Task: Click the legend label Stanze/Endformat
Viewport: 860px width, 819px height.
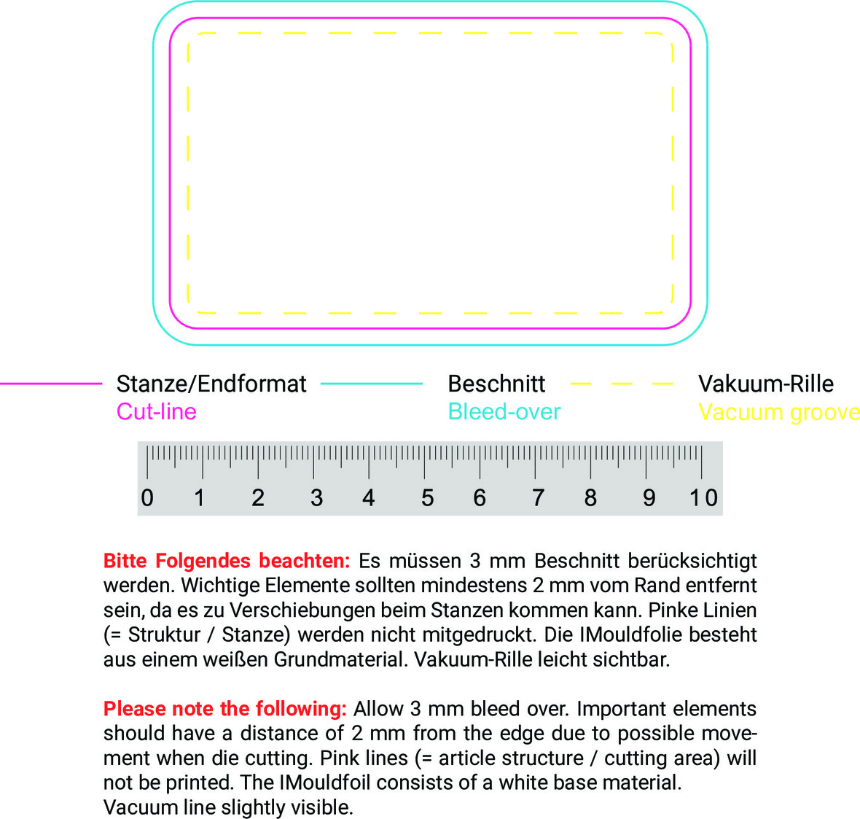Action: (x=211, y=384)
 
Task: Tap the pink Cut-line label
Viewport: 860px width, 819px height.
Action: (x=157, y=411)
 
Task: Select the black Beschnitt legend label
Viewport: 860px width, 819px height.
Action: (x=496, y=384)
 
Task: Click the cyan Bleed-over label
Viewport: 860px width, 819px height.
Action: (x=504, y=411)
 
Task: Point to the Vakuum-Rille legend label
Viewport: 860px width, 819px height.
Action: (x=765, y=384)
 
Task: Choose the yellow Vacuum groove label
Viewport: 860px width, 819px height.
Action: (x=778, y=412)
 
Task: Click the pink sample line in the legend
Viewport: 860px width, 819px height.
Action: (x=51, y=383)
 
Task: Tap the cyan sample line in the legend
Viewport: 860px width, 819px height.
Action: (x=372, y=383)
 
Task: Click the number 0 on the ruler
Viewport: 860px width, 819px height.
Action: (x=147, y=497)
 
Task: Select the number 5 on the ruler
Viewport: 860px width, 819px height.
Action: (x=427, y=497)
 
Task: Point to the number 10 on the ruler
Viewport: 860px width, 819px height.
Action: (x=703, y=497)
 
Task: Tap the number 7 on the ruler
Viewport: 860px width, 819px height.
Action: (x=538, y=497)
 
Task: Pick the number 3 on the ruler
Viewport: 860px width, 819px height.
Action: (x=316, y=497)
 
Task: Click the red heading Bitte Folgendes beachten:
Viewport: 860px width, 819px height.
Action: (x=227, y=561)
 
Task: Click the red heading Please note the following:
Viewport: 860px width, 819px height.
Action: (x=224, y=709)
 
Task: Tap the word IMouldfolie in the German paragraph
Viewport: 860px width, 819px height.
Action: (x=625, y=634)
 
